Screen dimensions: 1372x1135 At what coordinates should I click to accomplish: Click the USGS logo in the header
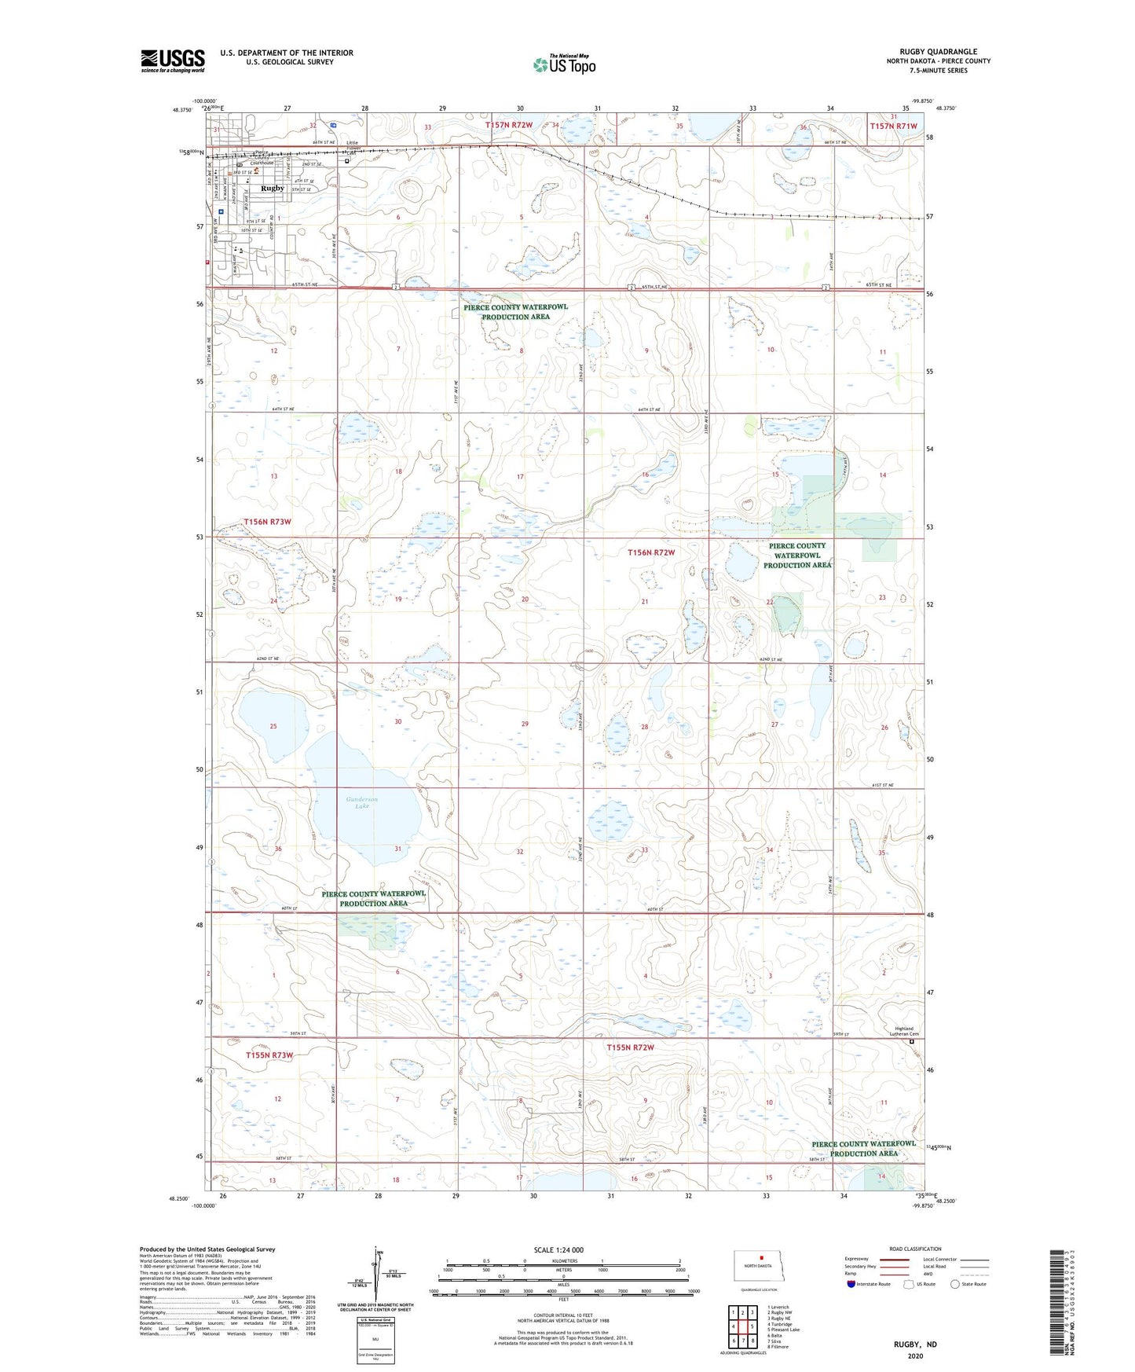click(x=172, y=61)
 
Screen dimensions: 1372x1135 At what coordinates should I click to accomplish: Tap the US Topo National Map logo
click(x=564, y=64)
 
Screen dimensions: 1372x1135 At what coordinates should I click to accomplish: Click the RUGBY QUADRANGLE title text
click(x=938, y=51)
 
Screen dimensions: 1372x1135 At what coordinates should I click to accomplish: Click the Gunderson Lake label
click(x=361, y=802)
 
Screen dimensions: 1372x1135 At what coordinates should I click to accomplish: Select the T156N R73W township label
click(x=267, y=522)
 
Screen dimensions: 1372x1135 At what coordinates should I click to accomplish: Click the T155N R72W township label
click(x=630, y=1047)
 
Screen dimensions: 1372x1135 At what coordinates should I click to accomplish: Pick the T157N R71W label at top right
click(x=893, y=126)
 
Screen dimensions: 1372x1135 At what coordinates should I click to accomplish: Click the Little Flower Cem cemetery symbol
click(x=347, y=160)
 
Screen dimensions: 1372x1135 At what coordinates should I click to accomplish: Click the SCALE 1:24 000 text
click(x=558, y=1250)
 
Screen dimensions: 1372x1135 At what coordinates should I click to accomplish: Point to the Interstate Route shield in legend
click(x=851, y=1284)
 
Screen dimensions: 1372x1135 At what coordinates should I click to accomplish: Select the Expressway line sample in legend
click(x=894, y=1260)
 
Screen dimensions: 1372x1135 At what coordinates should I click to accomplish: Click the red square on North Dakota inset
click(x=761, y=1256)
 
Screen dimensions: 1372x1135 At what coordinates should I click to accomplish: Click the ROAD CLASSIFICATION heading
click(x=915, y=1249)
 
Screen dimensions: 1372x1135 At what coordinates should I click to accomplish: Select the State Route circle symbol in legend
click(x=955, y=1284)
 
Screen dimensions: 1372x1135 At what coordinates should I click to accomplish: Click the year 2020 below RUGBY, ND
click(x=915, y=1355)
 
